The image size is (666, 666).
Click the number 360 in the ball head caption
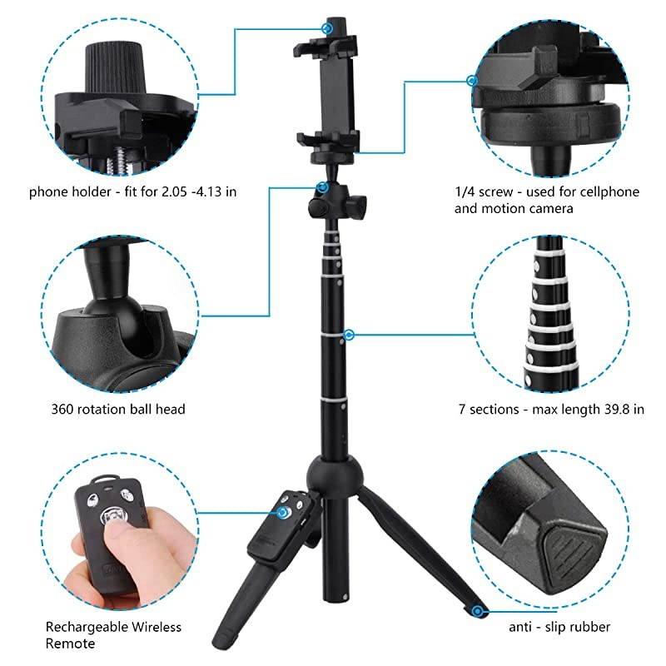click(x=63, y=409)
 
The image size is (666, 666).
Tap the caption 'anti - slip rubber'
click(x=559, y=627)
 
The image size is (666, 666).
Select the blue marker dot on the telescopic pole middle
click(x=350, y=335)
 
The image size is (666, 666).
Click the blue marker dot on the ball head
click(x=321, y=189)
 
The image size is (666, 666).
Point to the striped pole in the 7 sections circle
click(x=549, y=316)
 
